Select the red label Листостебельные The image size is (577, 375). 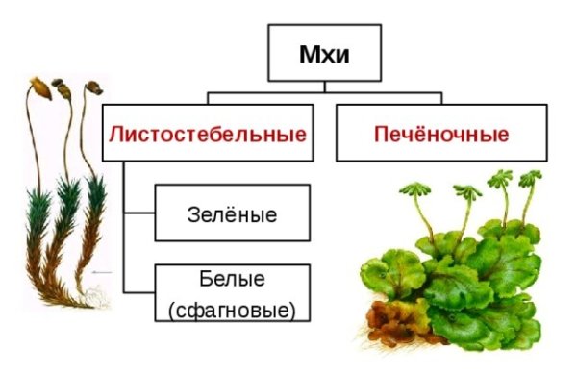pos(208,133)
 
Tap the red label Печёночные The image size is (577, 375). pos(441,133)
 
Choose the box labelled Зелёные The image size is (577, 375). pos(231,213)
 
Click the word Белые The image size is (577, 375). pos(231,279)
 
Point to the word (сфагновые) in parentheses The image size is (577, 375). pos(231,310)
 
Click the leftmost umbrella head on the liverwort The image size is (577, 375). pos(416,187)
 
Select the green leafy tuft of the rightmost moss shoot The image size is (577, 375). pos(93,202)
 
